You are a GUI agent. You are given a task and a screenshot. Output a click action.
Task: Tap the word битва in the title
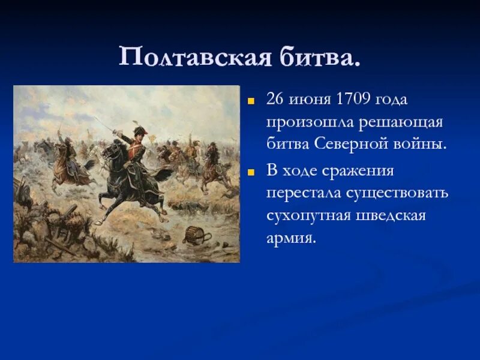point(320,56)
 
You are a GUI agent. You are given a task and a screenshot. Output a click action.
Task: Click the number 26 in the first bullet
point(275,99)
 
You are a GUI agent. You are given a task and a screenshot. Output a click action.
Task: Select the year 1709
point(353,99)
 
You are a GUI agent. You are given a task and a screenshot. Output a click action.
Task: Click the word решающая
point(400,123)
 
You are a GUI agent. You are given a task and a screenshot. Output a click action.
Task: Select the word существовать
point(397,194)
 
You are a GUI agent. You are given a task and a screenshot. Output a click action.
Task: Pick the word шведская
point(391,216)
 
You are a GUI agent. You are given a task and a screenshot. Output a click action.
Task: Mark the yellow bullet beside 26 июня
point(251,101)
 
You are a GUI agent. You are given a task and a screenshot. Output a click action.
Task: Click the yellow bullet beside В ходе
point(251,173)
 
